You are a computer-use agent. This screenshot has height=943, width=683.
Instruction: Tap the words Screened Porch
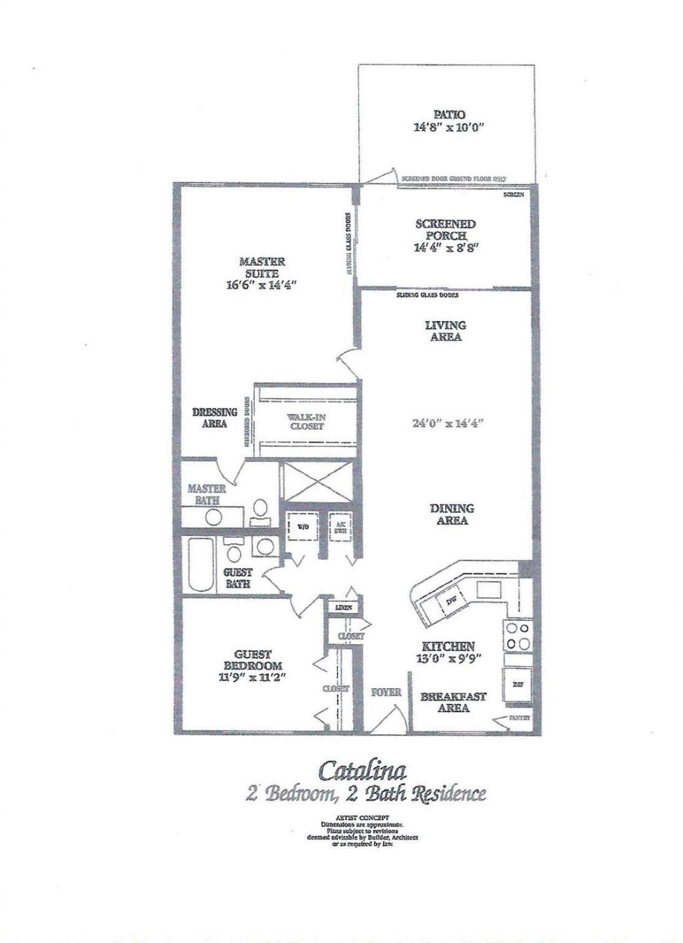pyautogui.click(x=446, y=230)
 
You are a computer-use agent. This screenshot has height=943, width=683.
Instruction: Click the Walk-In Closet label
pyautogui.click(x=307, y=422)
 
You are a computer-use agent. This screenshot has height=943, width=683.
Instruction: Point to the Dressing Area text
pyautogui.click(x=215, y=418)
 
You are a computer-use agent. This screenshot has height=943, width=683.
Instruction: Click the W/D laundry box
pyautogui.click(x=299, y=526)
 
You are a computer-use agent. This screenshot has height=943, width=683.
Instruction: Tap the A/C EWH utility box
pyautogui.click(x=341, y=525)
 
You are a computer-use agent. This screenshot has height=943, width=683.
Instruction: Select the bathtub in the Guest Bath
pyautogui.click(x=200, y=565)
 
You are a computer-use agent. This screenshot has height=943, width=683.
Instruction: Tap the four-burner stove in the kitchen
pyautogui.click(x=518, y=636)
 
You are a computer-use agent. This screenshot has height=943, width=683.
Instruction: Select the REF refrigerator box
pyautogui.click(x=518, y=684)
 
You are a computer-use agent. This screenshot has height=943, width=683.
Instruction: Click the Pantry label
pyautogui.click(x=519, y=719)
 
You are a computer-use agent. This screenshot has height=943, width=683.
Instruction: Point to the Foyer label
pyautogui.click(x=386, y=692)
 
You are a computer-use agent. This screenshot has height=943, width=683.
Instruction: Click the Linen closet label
pyautogui.click(x=344, y=607)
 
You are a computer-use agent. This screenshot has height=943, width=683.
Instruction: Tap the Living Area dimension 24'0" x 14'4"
pyautogui.click(x=448, y=422)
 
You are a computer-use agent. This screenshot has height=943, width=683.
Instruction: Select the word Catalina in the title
pyautogui.click(x=362, y=770)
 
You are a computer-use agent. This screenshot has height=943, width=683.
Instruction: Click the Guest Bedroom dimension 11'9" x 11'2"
pyautogui.click(x=252, y=678)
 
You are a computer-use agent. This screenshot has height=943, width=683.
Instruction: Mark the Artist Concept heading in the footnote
pyautogui.click(x=362, y=817)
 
